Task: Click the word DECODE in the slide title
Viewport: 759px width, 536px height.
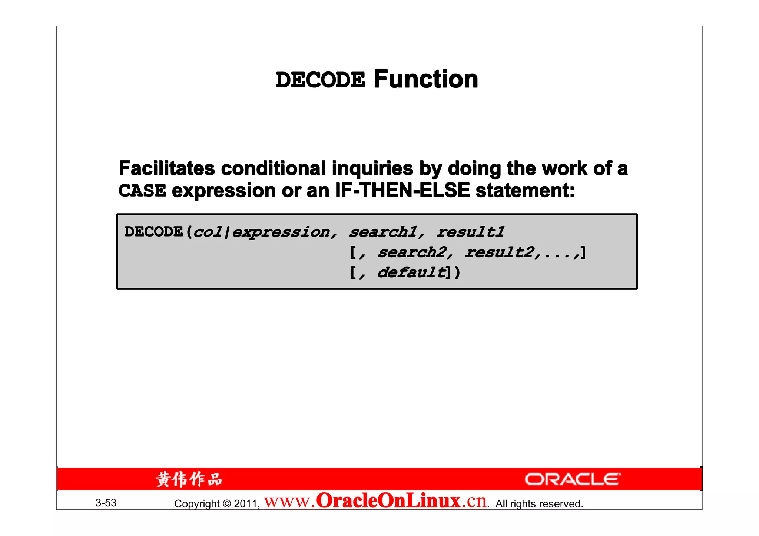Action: [320, 80]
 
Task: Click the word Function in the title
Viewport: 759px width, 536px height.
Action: [426, 79]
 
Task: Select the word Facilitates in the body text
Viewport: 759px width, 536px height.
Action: [167, 168]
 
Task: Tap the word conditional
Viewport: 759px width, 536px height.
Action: [274, 168]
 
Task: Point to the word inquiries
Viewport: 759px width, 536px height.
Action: [372, 168]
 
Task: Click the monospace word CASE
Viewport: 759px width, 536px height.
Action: [142, 191]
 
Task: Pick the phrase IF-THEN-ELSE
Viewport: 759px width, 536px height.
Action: [402, 191]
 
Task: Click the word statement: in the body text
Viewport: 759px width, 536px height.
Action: [525, 191]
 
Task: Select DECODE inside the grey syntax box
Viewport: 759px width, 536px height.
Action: [153, 232]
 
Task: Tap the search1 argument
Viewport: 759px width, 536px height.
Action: [383, 232]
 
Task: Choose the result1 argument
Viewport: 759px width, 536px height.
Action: [470, 232]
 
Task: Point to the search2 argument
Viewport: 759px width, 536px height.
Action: [412, 253]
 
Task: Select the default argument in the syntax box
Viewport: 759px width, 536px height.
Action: [411, 273]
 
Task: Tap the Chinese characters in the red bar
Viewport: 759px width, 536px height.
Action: [189, 479]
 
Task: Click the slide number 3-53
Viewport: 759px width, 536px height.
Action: [106, 503]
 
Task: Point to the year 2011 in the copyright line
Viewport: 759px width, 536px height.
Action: [245, 504]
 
